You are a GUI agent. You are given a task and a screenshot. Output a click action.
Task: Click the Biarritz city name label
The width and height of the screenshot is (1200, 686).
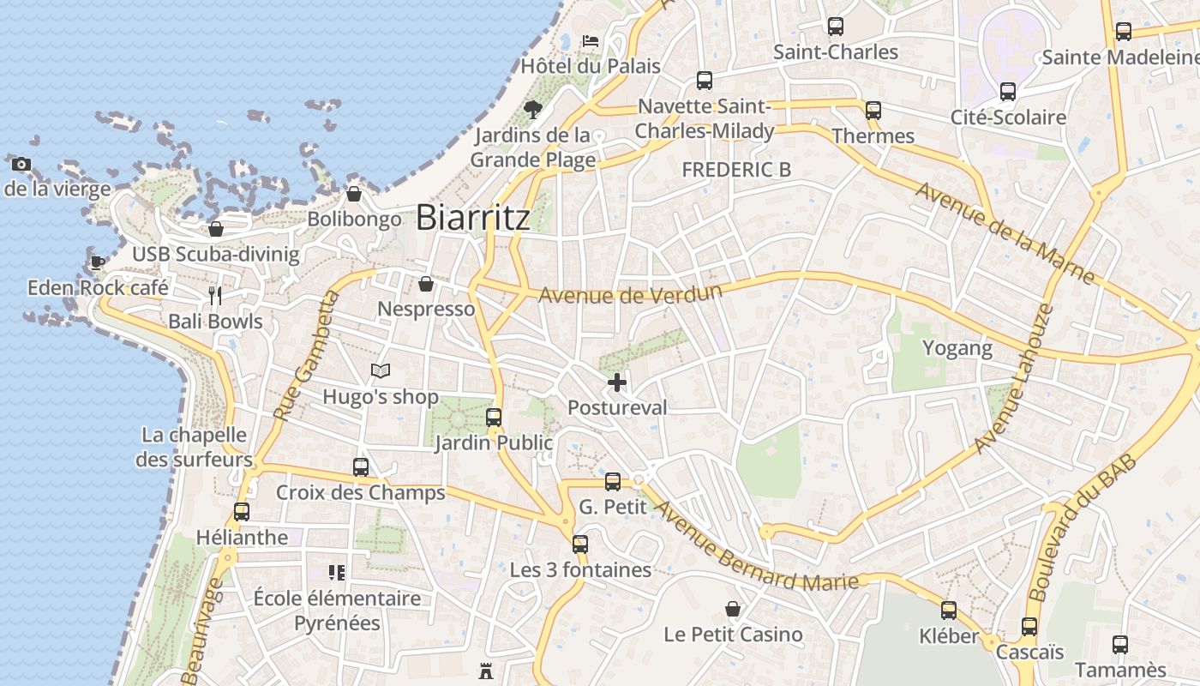click(x=472, y=217)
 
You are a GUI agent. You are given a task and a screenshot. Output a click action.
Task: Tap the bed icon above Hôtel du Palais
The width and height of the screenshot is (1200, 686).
click(x=590, y=40)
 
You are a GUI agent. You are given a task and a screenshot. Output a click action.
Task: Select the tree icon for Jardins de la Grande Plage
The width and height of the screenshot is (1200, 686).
click(x=532, y=109)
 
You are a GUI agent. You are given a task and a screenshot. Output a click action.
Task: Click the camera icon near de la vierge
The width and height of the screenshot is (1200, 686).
click(x=21, y=164)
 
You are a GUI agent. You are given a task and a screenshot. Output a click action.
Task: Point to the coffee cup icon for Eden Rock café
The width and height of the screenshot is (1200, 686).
click(x=97, y=262)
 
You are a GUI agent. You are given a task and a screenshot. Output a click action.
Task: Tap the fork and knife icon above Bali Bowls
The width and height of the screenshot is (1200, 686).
click(x=215, y=296)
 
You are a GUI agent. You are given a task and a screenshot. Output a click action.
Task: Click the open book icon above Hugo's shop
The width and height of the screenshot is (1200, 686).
click(x=381, y=371)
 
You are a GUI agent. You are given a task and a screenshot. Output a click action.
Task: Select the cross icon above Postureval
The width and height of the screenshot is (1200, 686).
click(x=617, y=382)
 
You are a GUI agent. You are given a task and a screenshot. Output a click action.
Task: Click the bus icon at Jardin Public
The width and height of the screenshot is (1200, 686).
click(x=494, y=418)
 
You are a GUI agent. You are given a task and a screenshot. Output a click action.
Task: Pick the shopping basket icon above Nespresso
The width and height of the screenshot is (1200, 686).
click(x=426, y=284)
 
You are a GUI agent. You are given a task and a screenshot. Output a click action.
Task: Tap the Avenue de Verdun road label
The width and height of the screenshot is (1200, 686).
click(x=630, y=294)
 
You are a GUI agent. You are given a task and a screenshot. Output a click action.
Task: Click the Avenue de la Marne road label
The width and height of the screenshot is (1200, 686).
click(x=1005, y=232)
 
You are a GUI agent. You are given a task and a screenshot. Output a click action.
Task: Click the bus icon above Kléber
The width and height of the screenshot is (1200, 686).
click(x=949, y=611)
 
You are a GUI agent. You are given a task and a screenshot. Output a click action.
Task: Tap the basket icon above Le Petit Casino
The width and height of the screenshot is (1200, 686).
click(x=733, y=609)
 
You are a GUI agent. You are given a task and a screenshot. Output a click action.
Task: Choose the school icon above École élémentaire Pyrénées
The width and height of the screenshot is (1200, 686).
click(x=337, y=572)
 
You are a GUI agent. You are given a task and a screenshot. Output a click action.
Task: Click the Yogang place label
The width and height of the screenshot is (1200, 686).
click(x=957, y=348)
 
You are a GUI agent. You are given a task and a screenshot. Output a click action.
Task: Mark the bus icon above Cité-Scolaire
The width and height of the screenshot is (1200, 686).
click(x=1008, y=92)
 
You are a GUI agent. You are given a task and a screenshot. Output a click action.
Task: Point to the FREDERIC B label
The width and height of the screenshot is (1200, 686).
click(x=735, y=170)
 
